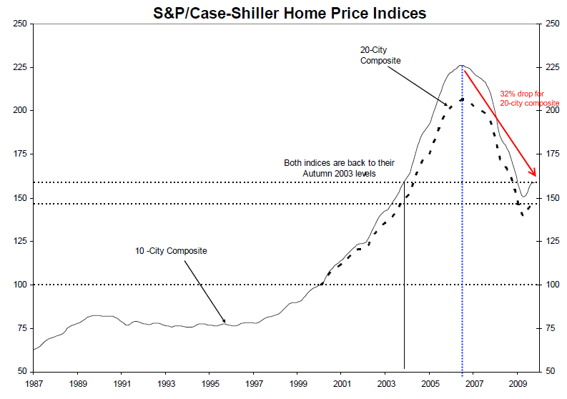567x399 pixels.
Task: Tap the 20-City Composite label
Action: (x=380, y=56)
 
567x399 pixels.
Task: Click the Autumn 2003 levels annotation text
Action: (x=339, y=168)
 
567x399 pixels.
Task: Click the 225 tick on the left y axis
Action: (x=21, y=67)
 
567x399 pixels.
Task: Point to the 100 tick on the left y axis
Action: (x=21, y=285)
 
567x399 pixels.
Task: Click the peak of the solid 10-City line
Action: (x=461, y=65)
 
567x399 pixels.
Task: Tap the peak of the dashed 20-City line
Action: (x=462, y=98)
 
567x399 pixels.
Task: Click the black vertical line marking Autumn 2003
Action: (x=405, y=286)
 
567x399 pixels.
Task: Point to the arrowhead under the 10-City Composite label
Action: (x=225, y=323)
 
